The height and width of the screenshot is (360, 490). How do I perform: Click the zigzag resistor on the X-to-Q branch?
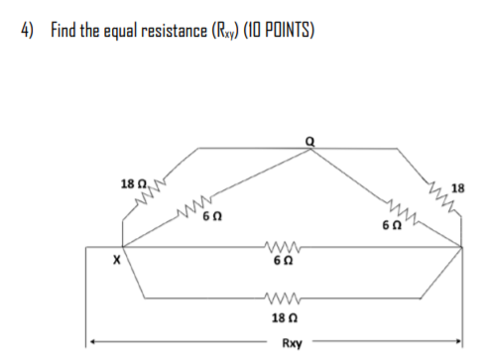[x=189, y=209]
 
